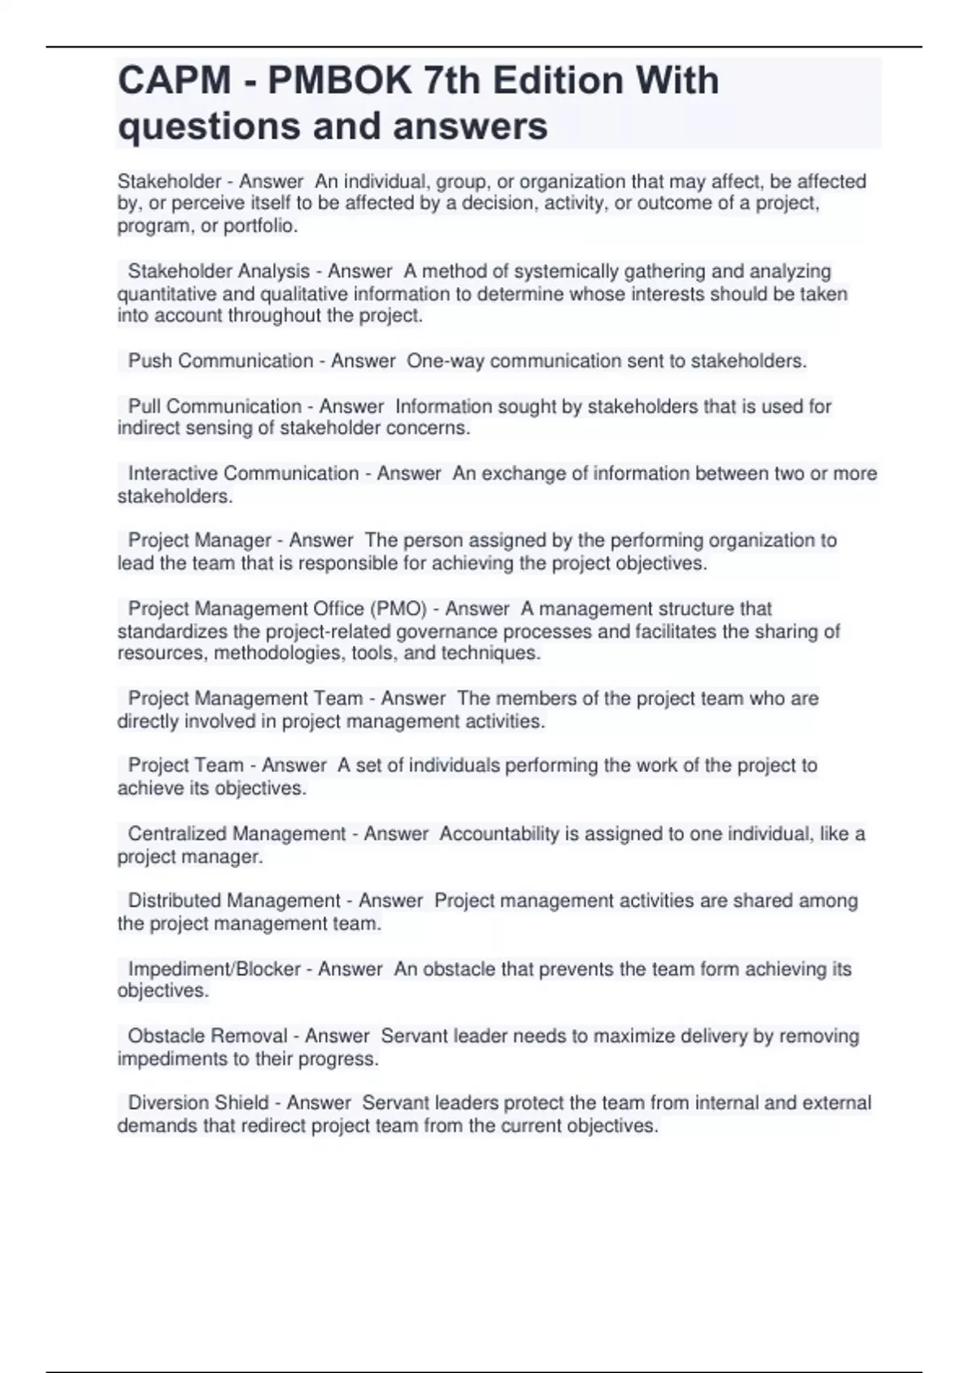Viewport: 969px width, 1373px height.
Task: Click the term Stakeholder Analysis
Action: (x=219, y=271)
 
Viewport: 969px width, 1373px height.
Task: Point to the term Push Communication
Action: (x=220, y=361)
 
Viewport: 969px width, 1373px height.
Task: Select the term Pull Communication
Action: (x=215, y=406)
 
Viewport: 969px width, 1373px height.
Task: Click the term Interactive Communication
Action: (x=243, y=473)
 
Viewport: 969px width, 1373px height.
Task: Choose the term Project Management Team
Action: (x=245, y=699)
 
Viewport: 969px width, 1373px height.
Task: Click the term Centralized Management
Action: (x=237, y=833)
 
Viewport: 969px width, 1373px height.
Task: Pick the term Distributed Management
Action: (x=234, y=901)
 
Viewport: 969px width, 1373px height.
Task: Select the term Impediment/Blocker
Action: (x=214, y=969)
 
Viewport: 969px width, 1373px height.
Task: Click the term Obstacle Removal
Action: (x=208, y=1036)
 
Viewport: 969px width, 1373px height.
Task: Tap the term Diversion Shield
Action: (x=199, y=1103)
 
